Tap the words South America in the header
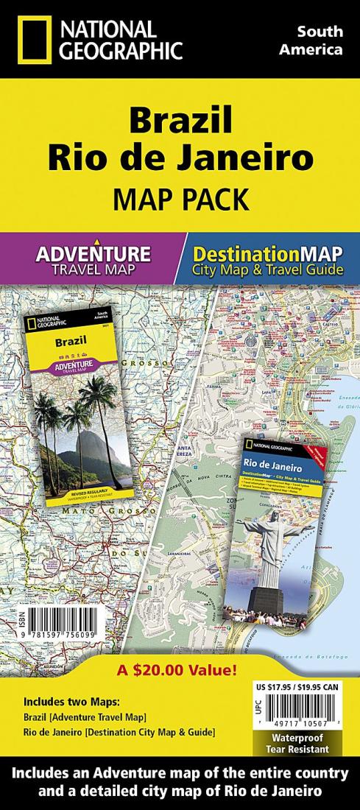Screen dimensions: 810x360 [x=319, y=40]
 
